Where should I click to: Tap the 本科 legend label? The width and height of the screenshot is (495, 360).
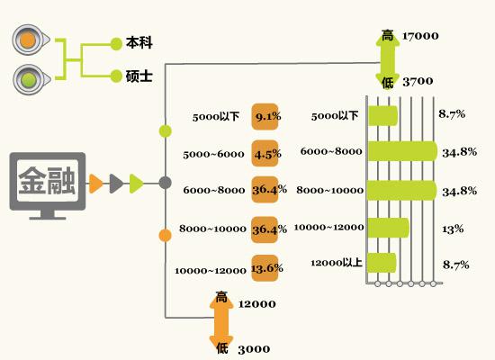[139, 42]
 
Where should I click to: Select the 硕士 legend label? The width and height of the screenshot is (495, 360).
[139, 76]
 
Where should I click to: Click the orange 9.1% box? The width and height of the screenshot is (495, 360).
[265, 116]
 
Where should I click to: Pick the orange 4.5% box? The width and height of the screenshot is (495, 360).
[265, 154]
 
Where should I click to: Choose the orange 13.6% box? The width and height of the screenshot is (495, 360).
[265, 268]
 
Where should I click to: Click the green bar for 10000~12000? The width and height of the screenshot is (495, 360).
[388, 228]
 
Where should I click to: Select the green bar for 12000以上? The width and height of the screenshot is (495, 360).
[382, 263]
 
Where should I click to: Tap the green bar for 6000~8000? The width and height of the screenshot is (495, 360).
[402, 151]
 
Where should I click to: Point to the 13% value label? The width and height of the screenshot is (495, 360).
[453, 229]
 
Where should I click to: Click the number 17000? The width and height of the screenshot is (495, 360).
[420, 36]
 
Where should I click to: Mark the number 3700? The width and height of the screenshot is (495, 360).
[418, 82]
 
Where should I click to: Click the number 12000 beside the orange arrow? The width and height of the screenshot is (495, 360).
[257, 304]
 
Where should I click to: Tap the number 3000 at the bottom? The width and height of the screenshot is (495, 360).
[254, 349]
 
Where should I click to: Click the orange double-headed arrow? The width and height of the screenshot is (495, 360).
[221, 323]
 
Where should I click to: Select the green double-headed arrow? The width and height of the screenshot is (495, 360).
[388, 59]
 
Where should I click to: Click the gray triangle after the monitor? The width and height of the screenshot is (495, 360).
[116, 184]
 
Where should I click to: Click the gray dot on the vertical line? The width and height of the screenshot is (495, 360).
[165, 183]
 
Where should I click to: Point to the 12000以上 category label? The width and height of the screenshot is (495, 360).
[337, 263]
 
